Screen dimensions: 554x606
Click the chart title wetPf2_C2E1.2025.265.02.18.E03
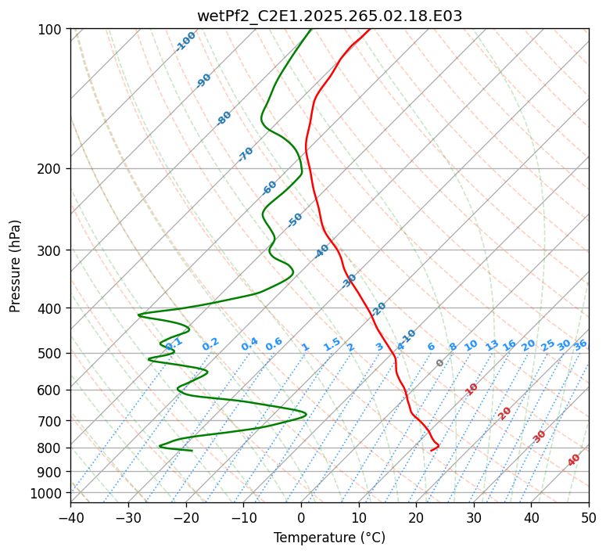pos(329,16)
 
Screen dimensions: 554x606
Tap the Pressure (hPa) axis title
pos(15,266)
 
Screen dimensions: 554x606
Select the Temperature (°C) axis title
pos(329,538)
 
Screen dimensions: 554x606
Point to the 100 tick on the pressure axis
pos(52,29)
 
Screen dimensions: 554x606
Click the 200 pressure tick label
pos(52,168)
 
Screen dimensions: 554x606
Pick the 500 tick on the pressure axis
pos(52,353)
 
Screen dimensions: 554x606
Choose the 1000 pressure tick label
pos(49,493)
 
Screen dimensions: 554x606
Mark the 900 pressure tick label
pos(52,471)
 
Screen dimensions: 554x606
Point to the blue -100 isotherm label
pos(186,41)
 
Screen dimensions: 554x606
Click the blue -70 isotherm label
pos(246,154)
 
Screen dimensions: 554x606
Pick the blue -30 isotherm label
pos(350,280)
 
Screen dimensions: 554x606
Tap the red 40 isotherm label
pos(574,460)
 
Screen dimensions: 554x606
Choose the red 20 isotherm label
pos(505,412)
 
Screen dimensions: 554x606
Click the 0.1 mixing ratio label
pos(174,343)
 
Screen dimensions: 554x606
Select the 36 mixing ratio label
pos(580,344)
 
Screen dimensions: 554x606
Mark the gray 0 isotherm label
pos(440,363)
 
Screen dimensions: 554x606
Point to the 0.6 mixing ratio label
pos(274,344)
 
